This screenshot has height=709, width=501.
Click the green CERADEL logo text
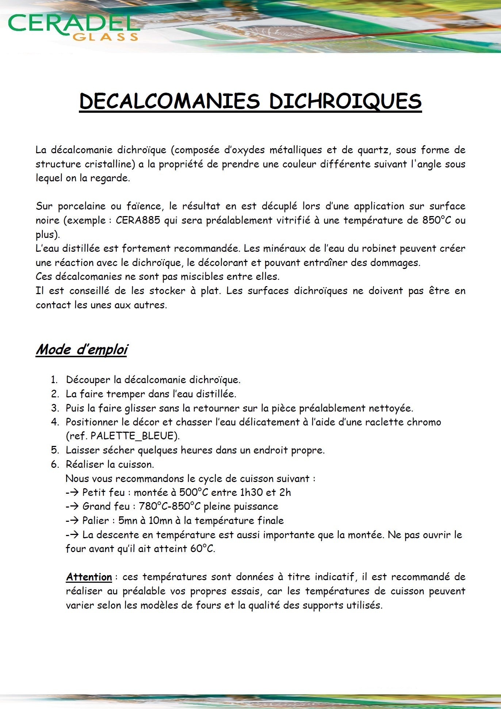point(73,24)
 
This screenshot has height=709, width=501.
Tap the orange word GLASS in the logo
point(106,37)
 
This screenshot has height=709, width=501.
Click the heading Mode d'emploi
point(81,350)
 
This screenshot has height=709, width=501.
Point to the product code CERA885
point(138,220)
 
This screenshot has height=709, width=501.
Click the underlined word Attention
point(89,577)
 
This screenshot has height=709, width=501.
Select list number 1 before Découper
point(54,380)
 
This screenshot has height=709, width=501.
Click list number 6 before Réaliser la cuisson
point(54,465)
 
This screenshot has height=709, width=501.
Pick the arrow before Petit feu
point(72,493)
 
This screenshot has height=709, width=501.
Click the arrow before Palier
point(72,521)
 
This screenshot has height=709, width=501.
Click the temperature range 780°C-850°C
point(170,506)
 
